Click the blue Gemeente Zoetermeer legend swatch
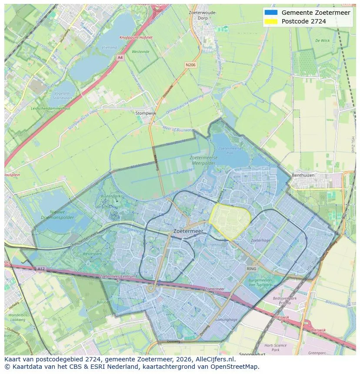pyautogui.click(x=270, y=13)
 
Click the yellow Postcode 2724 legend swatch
pyautogui.click(x=270, y=21)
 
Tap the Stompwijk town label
pyautogui.click(x=146, y=113)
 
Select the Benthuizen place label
pyautogui.click(x=315, y=175)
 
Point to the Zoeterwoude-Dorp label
pyautogui.click(x=203, y=15)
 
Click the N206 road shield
pyautogui.click(x=190, y=65)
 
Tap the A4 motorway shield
pyautogui.click(x=120, y=57)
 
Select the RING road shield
pyautogui.click(x=251, y=269)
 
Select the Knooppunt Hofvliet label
pyautogui.click(x=136, y=37)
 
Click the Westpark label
pyautogui.click(x=92, y=253)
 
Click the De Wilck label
pyautogui.click(x=322, y=40)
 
